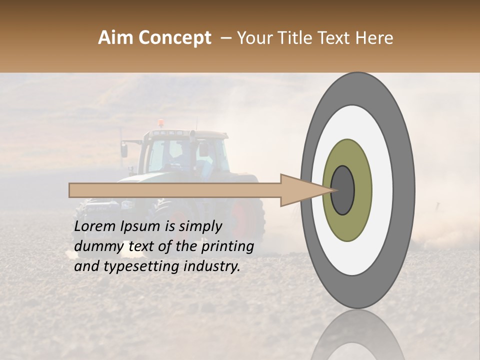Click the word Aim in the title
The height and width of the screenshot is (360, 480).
[115, 38]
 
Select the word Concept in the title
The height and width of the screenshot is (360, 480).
[174, 38]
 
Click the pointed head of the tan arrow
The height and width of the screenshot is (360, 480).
[305, 190]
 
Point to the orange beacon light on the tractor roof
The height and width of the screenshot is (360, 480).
[160, 123]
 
